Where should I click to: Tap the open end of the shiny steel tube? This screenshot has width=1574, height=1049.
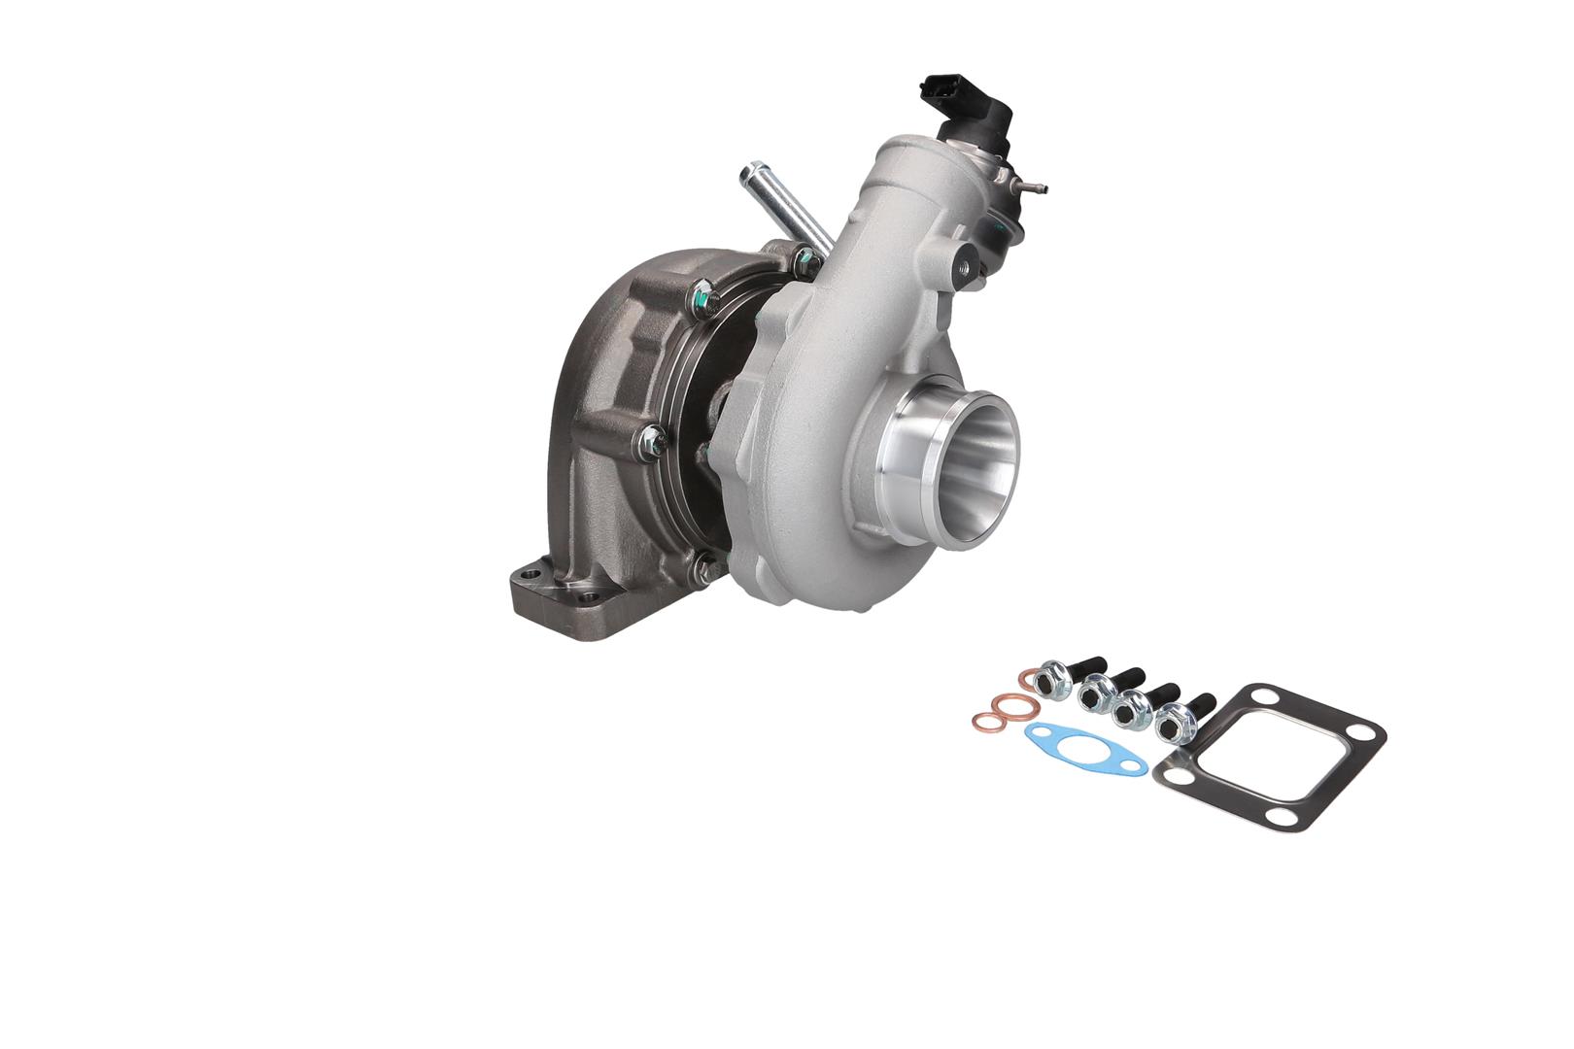click(747, 176)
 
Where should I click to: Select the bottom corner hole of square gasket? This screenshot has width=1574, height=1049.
click(1291, 812)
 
